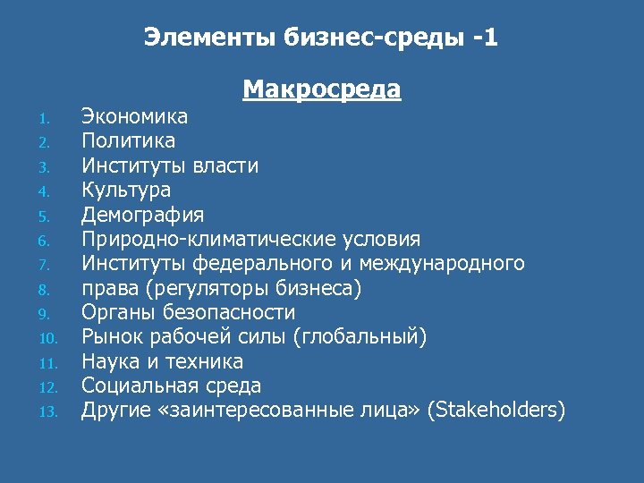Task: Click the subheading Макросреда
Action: click(321, 90)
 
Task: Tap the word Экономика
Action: click(134, 116)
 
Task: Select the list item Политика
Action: click(128, 141)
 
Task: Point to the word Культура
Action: click(126, 191)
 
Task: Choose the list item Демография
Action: click(142, 215)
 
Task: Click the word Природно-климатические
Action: click(207, 240)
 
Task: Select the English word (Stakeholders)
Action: click(496, 411)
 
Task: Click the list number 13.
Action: click(48, 412)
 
